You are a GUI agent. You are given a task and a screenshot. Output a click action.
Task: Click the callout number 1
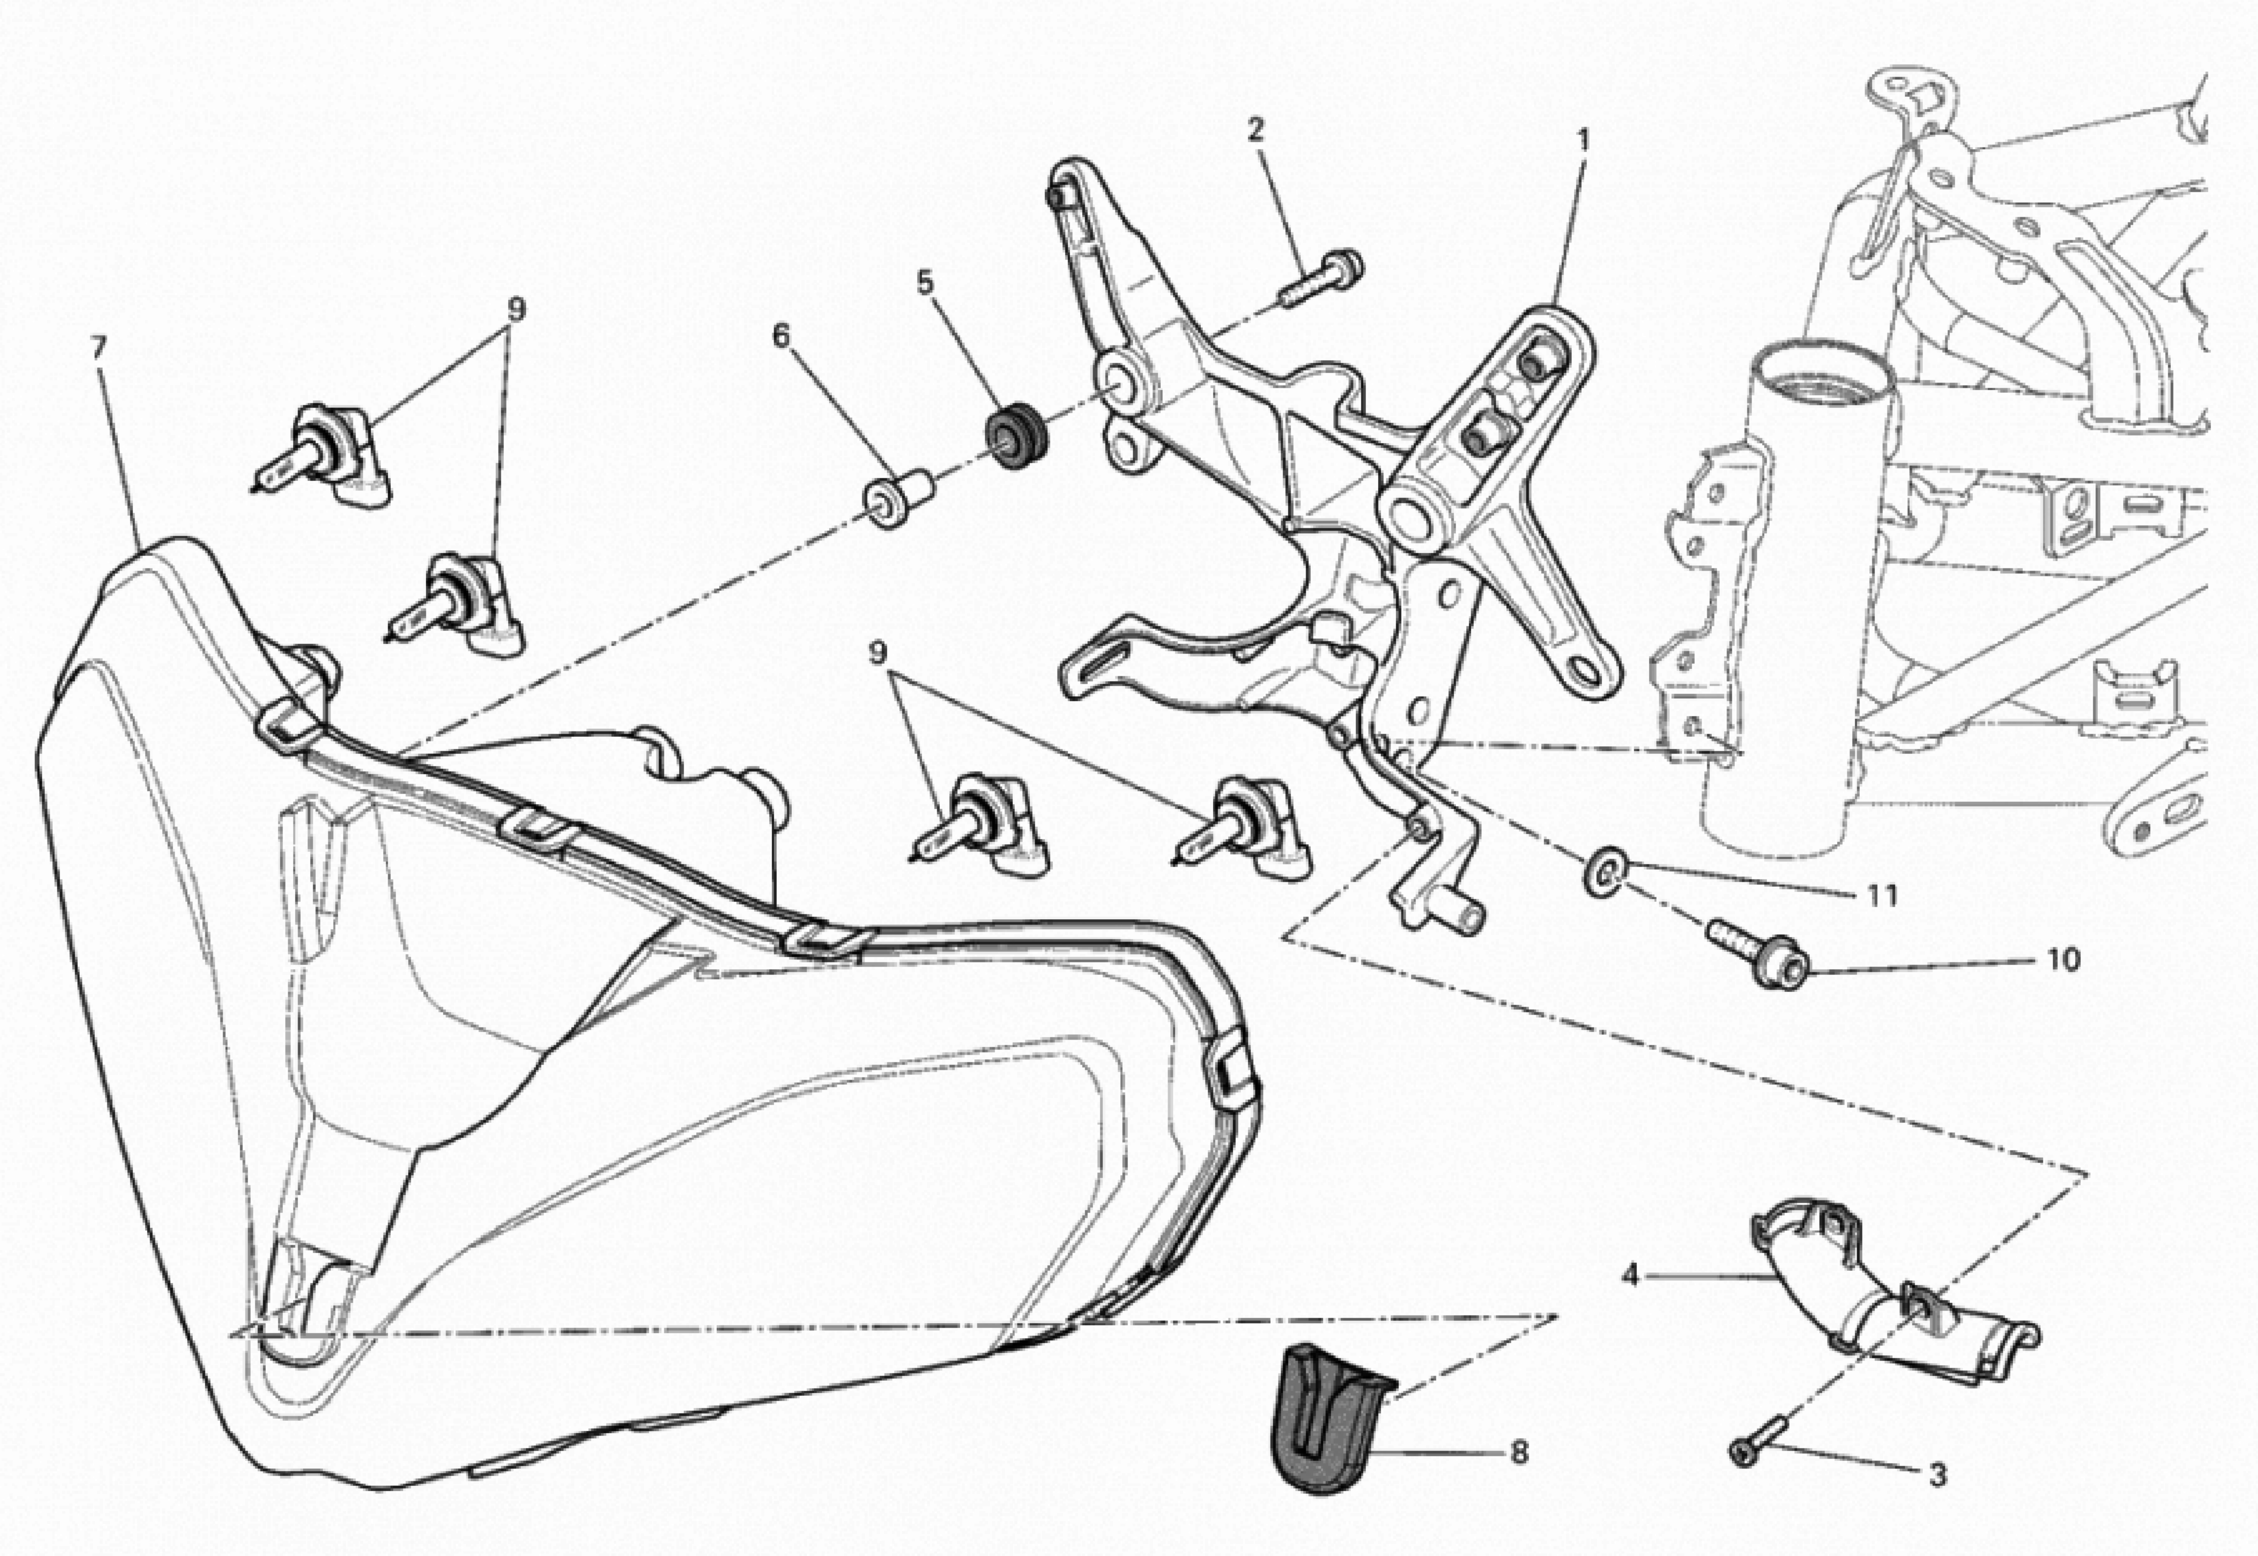coord(1583,141)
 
